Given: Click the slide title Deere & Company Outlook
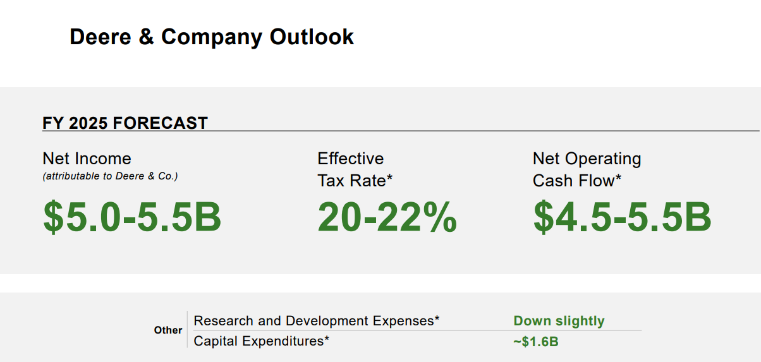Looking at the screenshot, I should (211, 37).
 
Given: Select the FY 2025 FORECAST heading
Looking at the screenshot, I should (125, 123).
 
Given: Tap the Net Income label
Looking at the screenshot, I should (87, 159).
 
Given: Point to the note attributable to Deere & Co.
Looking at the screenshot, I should (110, 176).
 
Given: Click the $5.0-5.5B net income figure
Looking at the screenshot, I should (132, 216).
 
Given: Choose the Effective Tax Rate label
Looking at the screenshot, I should (355, 169).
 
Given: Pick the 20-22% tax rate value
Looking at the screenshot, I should (387, 216).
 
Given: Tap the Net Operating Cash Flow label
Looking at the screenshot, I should (587, 169).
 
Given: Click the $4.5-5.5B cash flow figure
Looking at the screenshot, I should (622, 216).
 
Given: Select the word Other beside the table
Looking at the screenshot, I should (168, 330).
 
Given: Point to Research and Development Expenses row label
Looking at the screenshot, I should (316, 321).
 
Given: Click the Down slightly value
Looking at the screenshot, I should (559, 321).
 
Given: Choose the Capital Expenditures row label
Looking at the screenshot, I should (262, 341).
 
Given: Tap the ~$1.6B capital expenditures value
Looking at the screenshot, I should (535, 342).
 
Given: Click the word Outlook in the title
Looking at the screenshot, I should (312, 37).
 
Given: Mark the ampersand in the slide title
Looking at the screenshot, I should (146, 37).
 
